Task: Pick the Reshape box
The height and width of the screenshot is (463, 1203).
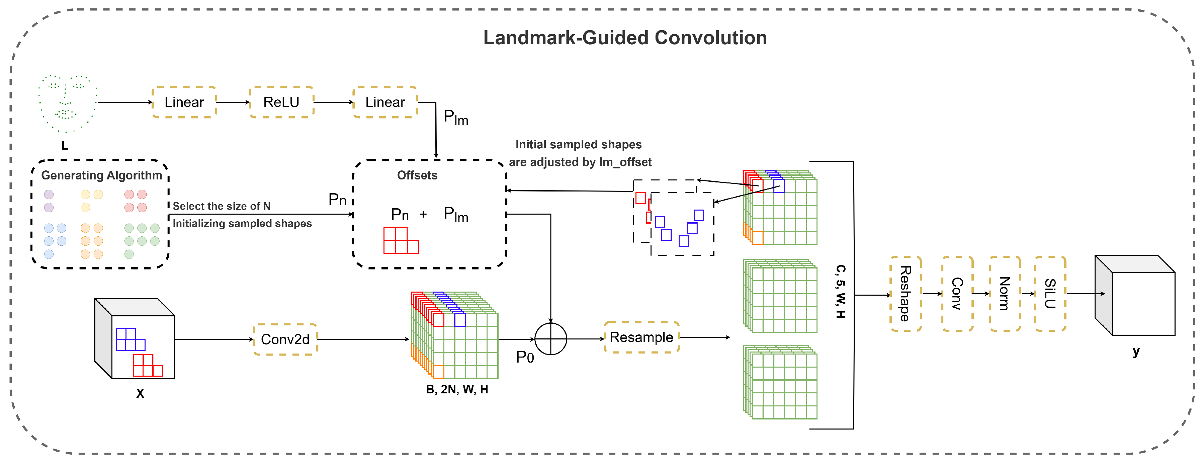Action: pyautogui.click(x=906, y=293)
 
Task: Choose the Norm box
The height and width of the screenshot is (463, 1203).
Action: pyautogui.click(x=1005, y=293)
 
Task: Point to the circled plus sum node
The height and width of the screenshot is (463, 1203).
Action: pyautogui.click(x=550, y=339)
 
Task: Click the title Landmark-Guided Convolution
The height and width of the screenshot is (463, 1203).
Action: pyautogui.click(x=625, y=37)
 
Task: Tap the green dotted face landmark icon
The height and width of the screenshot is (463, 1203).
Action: pyautogui.click(x=68, y=103)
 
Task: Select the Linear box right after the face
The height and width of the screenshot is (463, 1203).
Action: pyautogui.click(x=184, y=102)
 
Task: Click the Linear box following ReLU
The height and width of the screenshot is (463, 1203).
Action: pyautogui.click(x=385, y=102)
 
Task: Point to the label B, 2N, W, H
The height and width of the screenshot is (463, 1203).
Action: pyautogui.click(x=457, y=389)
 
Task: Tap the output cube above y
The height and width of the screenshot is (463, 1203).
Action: pyautogui.click(x=1135, y=295)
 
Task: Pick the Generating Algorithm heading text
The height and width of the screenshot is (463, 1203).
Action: pyautogui.click(x=102, y=175)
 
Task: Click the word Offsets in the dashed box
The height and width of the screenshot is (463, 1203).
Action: pyautogui.click(x=417, y=175)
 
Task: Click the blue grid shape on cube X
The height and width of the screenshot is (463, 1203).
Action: pyautogui.click(x=130, y=339)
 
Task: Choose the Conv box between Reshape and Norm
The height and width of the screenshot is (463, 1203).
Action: pyautogui.click(x=957, y=293)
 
